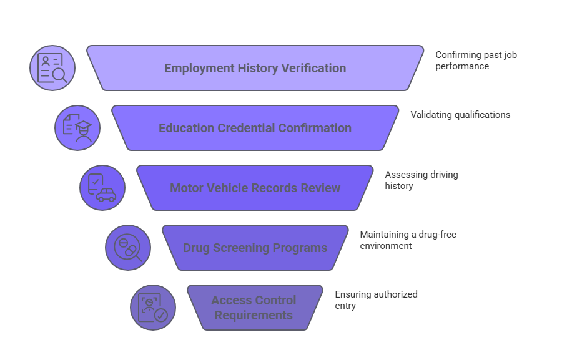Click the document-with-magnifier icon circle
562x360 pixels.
(52, 68)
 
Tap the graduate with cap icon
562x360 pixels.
(77, 128)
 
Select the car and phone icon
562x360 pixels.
(102, 188)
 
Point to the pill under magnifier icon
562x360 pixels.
(128, 248)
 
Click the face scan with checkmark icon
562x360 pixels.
(153, 308)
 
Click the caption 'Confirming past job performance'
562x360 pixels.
(476, 61)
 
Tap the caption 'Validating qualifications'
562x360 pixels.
(460, 115)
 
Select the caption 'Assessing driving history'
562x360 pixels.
(421, 180)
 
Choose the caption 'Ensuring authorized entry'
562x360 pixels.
(376, 300)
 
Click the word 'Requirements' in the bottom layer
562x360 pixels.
(254, 315)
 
